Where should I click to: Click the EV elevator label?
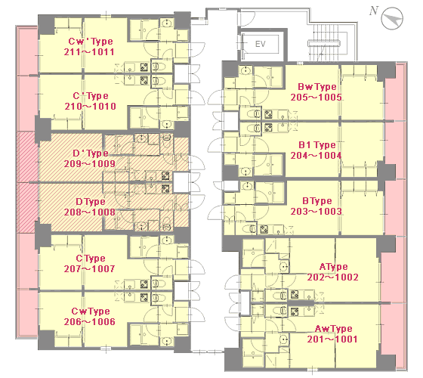[260, 44]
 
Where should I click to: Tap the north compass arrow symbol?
[392, 18]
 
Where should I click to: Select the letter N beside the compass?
[374, 11]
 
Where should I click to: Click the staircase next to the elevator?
[327, 42]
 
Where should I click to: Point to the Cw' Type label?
[91, 42]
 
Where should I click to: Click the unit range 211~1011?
[89, 52]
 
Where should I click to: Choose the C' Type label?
[91, 96]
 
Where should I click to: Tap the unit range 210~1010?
[90, 106]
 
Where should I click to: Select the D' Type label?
[91, 153]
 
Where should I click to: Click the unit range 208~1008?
[90, 212]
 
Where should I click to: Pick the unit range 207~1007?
[89, 268]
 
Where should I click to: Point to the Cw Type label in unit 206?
[91, 311]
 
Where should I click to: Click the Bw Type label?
[317, 87]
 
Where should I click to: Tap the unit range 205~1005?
[316, 98]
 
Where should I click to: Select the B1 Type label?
[317, 145]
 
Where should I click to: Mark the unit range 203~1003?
[316, 212]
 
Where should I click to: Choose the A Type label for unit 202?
[333, 267]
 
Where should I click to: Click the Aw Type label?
[333, 329]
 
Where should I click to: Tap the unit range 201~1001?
[332, 339]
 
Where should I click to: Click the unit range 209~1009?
[90, 164]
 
